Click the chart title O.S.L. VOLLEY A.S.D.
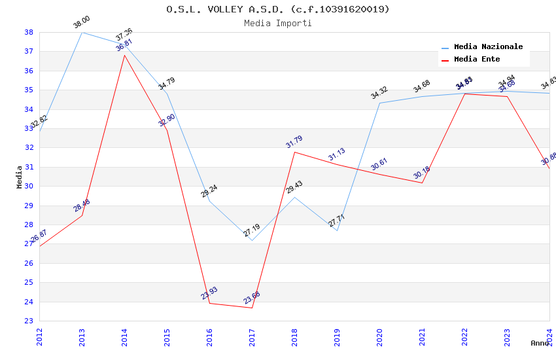tap(277, 9)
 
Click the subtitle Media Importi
tap(277, 23)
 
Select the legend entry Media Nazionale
tap(488, 46)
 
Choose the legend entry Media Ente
tap(477, 59)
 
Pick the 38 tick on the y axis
tap(29, 32)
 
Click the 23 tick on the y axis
tap(29, 321)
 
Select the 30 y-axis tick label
tap(29, 186)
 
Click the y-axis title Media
tap(20, 177)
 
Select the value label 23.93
tap(209, 293)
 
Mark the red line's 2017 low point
tap(252, 308)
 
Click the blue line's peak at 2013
tap(82, 32)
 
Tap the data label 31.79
tap(294, 142)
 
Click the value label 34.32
tap(379, 93)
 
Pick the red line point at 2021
tap(422, 183)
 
